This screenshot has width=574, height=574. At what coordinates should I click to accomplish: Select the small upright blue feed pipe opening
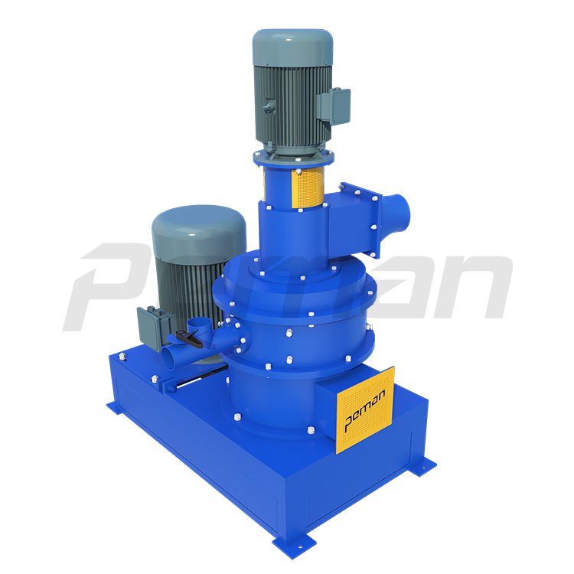tap(201, 321)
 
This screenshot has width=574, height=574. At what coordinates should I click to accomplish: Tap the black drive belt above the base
tap(201, 378)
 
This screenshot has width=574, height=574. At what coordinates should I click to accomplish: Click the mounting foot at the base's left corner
tap(115, 406)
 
